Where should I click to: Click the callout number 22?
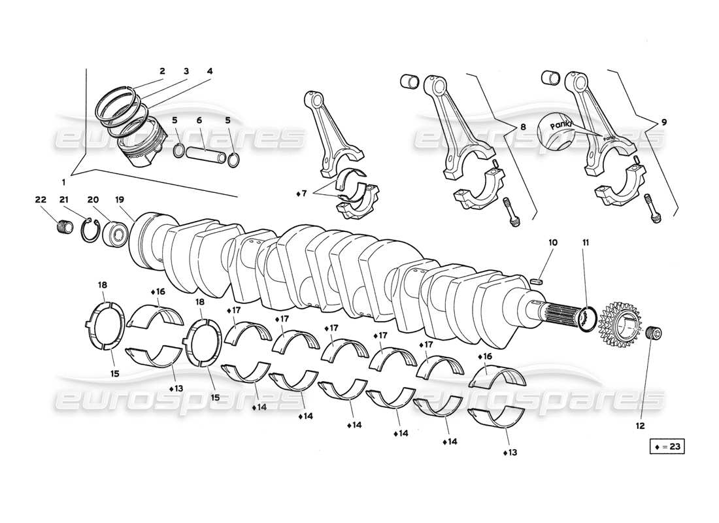click(41, 199)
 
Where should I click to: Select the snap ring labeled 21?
click(90, 231)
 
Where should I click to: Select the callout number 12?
click(640, 426)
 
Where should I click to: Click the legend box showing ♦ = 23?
click(667, 447)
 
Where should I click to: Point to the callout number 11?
click(586, 243)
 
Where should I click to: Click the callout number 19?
click(120, 199)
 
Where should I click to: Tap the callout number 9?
click(663, 121)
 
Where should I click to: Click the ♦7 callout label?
click(300, 194)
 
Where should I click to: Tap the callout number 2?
click(161, 71)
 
